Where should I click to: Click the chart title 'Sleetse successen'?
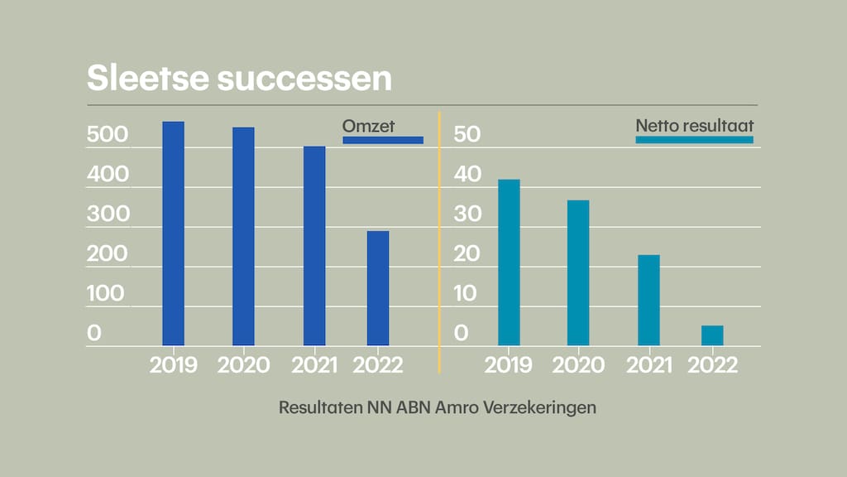pos(239,79)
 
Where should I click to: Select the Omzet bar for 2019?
pos(173,234)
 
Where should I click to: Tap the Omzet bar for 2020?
pos(243,236)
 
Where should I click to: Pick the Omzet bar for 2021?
pos(314,246)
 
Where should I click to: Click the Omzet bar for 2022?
pos(378,288)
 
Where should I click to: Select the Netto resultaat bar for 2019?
pos(509,263)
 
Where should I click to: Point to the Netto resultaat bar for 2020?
pos(578,272)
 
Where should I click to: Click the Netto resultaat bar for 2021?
pos(648,300)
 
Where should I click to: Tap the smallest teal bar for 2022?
pos(712,335)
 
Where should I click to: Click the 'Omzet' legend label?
pos(369,126)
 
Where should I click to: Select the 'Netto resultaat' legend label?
pos(694,126)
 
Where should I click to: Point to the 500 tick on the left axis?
pos(108,135)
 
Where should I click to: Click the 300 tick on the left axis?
pos(108,214)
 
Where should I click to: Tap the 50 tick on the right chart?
pos(467,135)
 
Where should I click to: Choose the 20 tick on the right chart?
pos(467,254)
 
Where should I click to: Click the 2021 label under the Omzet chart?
pos(314,365)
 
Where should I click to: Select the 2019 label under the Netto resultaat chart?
pos(509,365)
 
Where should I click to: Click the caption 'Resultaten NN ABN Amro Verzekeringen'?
pos(438,408)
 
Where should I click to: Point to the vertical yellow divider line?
pos(439,240)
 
